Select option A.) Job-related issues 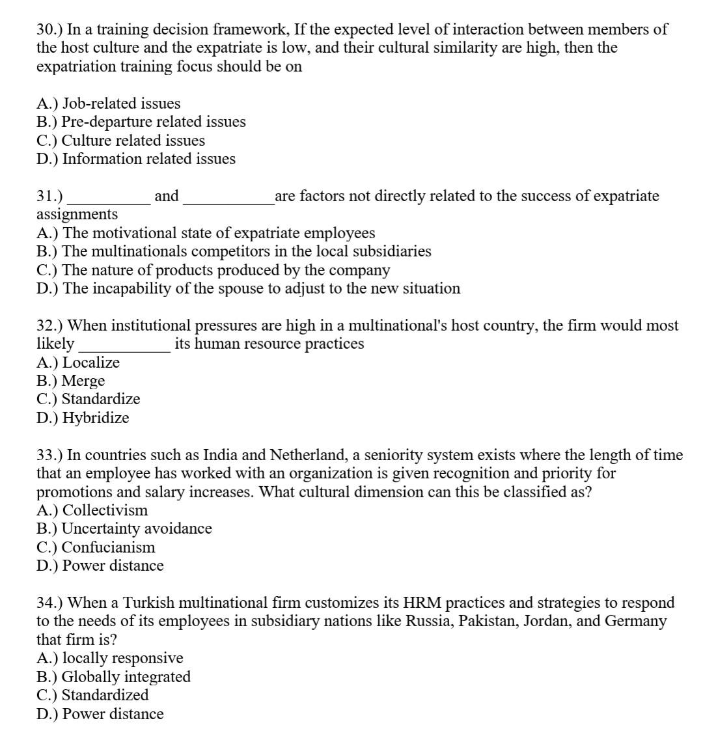[x=109, y=103]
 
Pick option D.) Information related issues [x=136, y=159]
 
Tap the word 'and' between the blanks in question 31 [x=167, y=196]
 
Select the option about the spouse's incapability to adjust [x=249, y=288]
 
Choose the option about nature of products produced [x=214, y=270]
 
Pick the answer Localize [x=78, y=363]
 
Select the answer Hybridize [x=83, y=418]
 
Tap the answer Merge [x=70, y=381]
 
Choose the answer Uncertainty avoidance [x=124, y=528]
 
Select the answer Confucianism [x=96, y=547]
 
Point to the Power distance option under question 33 [x=100, y=566]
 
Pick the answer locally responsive [x=110, y=659]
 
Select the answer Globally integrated [x=114, y=677]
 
